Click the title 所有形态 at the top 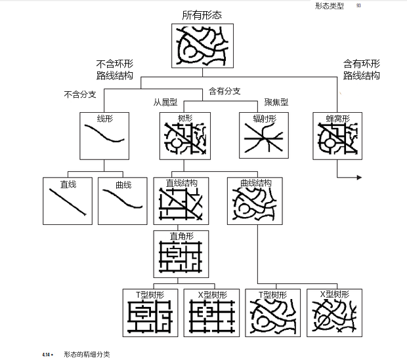tap(203, 15)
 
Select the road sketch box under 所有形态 tap(203, 46)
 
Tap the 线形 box tap(104, 136)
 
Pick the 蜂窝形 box tap(337, 136)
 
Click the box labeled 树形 tap(184, 136)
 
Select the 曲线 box tap(123, 201)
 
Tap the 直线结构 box tap(181, 201)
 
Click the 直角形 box tap(181, 254)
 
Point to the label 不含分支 tap(80, 94)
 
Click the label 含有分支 tap(225, 91)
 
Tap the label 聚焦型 tap(276, 102)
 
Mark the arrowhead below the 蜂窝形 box tap(358, 178)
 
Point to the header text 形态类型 tap(329, 6)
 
